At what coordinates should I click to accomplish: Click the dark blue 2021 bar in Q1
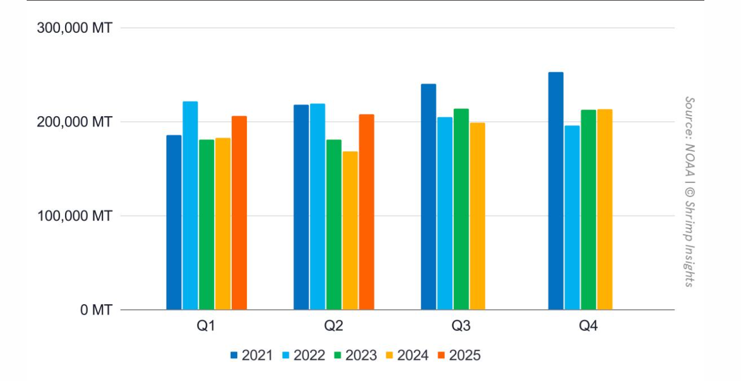point(174,222)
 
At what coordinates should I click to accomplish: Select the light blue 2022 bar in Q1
point(190,206)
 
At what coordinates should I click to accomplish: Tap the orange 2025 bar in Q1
point(239,213)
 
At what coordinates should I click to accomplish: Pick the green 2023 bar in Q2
point(334,225)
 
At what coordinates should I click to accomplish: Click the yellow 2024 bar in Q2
point(350,231)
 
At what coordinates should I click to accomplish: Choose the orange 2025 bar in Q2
point(366,212)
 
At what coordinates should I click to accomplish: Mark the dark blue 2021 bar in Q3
point(429,197)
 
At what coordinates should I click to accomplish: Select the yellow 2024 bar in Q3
point(478,216)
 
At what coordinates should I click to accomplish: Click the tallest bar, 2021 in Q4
point(556,191)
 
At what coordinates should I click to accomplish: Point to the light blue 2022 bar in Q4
point(572,218)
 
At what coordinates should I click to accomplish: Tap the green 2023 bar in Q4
point(589,210)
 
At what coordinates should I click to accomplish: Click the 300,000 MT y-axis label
point(74,28)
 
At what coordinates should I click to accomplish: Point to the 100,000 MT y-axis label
point(74,216)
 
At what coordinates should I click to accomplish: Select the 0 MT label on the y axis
point(96,310)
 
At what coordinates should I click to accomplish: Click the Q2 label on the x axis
point(334,326)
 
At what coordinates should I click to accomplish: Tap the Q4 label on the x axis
point(588,326)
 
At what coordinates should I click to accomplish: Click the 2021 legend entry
point(252,355)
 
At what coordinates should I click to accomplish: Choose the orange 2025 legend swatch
point(441,355)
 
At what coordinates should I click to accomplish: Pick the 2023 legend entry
point(356,355)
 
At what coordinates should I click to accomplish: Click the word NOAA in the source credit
point(690,160)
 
